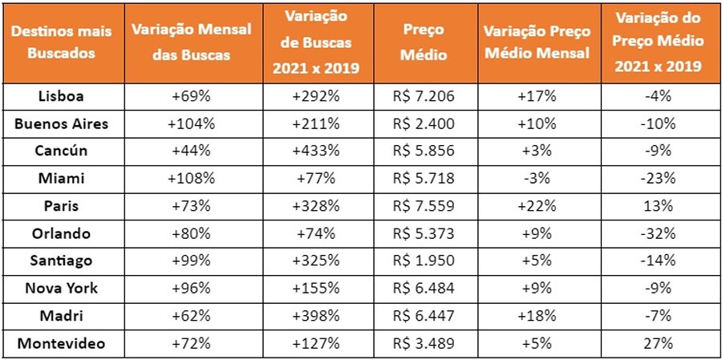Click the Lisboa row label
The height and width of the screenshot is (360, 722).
click(62, 96)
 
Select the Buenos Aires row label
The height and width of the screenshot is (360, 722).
click(62, 124)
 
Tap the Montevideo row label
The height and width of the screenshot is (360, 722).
click(62, 345)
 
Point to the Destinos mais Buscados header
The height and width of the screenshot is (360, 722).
click(62, 42)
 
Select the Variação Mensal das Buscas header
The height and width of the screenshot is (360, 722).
click(192, 42)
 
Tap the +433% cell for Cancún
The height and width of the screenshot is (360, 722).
click(316, 152)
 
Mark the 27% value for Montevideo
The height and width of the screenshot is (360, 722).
click(662, 345)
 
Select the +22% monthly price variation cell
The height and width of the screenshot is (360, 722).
click(537, 207)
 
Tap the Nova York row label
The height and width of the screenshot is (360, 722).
click(62, 289)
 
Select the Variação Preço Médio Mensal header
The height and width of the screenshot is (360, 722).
click(537, 42)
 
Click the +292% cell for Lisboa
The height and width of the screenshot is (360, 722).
click(316, 96)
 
